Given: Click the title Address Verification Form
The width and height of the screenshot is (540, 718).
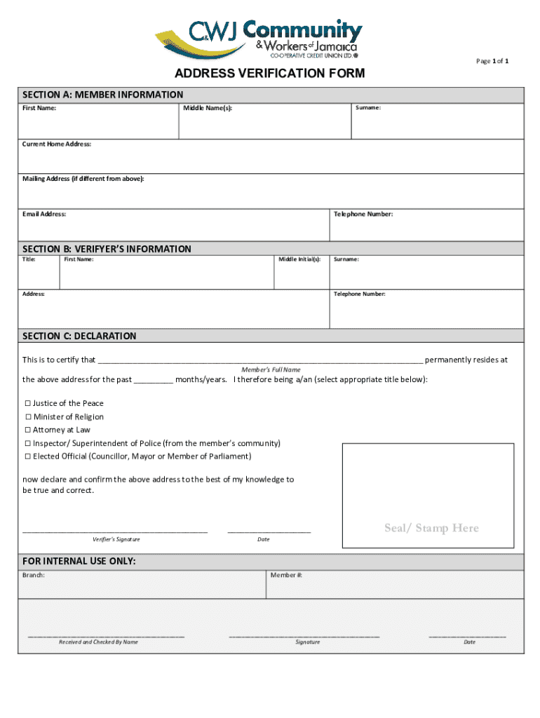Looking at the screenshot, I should pos(269,74).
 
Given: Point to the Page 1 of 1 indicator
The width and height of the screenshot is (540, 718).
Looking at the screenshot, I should pos(492,61).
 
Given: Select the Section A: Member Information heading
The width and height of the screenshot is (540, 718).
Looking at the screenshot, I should pos(102,95).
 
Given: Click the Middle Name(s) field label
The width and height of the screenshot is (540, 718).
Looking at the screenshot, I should pos(208,108).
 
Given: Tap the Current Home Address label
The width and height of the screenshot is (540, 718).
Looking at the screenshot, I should pos(57,144).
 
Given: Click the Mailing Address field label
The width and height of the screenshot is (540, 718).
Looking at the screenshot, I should pos(83,179).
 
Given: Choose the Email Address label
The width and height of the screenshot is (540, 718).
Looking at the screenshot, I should pos(44,214).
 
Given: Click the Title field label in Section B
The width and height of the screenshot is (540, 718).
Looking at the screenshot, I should pos(29,259).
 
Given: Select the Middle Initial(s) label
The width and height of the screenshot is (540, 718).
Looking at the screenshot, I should pos(299,259).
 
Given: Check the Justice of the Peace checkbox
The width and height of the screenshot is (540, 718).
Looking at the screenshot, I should pos(28,404).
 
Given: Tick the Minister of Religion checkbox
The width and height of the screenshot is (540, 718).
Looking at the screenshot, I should pos(28,417).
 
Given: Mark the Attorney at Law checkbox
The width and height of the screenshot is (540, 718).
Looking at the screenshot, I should pos(28,430).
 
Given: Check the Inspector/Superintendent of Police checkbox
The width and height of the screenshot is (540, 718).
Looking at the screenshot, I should pos(28,444).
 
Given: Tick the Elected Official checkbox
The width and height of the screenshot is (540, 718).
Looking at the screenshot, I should pos(28,456).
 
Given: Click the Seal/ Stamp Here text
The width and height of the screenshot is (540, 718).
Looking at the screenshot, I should pos(431,528).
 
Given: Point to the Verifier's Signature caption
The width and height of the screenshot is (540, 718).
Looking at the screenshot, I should pos(116,539).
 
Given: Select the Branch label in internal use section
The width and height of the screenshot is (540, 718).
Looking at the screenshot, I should pos(34,575).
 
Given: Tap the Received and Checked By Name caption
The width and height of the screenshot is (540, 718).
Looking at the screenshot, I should pos(98,642).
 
